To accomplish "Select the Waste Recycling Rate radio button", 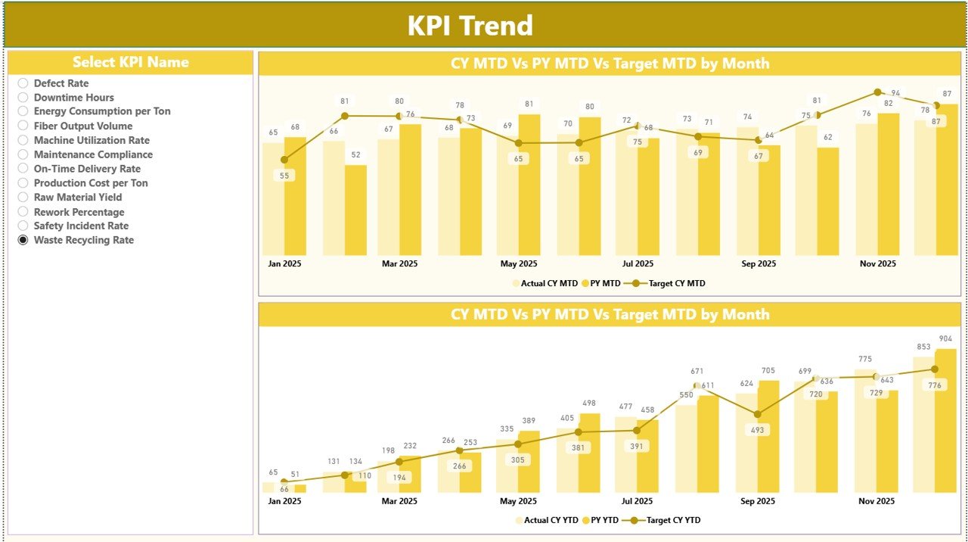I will (x=23, y=240).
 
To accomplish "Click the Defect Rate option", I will (x=23, y=83).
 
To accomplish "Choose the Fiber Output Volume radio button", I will (x=23, y=126).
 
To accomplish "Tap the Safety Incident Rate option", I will (x=23, y=226).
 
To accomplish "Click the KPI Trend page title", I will (x=470, y=26).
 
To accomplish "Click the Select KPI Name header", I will (x=130, y=62).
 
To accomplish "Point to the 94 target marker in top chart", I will (x=877, y=92).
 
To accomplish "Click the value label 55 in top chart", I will (x=284, y=175).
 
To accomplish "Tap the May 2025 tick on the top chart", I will (x=518, y=264).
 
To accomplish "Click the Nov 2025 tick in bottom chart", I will (x=877, y=501).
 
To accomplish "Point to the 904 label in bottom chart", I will (x=946, y=338).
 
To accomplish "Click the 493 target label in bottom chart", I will (x=758, y=430).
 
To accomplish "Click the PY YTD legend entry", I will (x=603, y=520).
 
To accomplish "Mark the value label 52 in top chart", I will (x=355, y=154).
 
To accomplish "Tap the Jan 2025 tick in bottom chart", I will (x=284, y=501).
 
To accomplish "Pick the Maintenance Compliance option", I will (x=23, y=154).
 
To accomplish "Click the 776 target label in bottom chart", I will (x=935, y=386).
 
